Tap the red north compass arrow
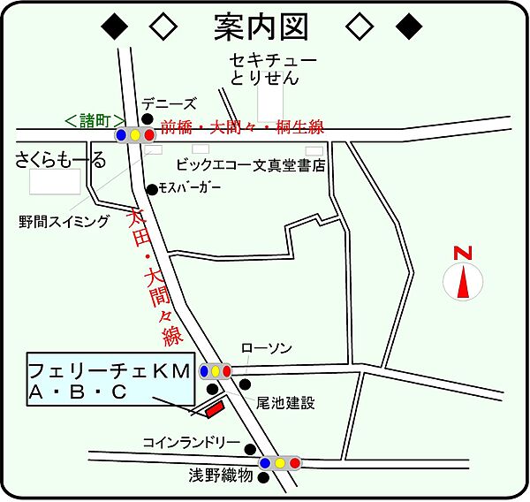(x=462, y=282)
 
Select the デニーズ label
(x=168, y=103)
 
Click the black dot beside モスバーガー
(x=152, y=188)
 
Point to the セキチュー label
(x=272, y=60)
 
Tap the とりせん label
(x=265, y=80)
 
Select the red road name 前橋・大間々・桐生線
(x=243, y=127)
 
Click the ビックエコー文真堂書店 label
(x=251, y=164)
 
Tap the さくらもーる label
(x=60, y=160)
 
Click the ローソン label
(x=266, y=348)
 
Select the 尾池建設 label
(x=285, y=403)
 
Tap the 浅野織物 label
(x=220, y=476)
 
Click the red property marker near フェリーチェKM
(x=213, y=409)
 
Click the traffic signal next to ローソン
(x=215, y=371)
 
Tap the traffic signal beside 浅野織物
(x=280, y=462)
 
